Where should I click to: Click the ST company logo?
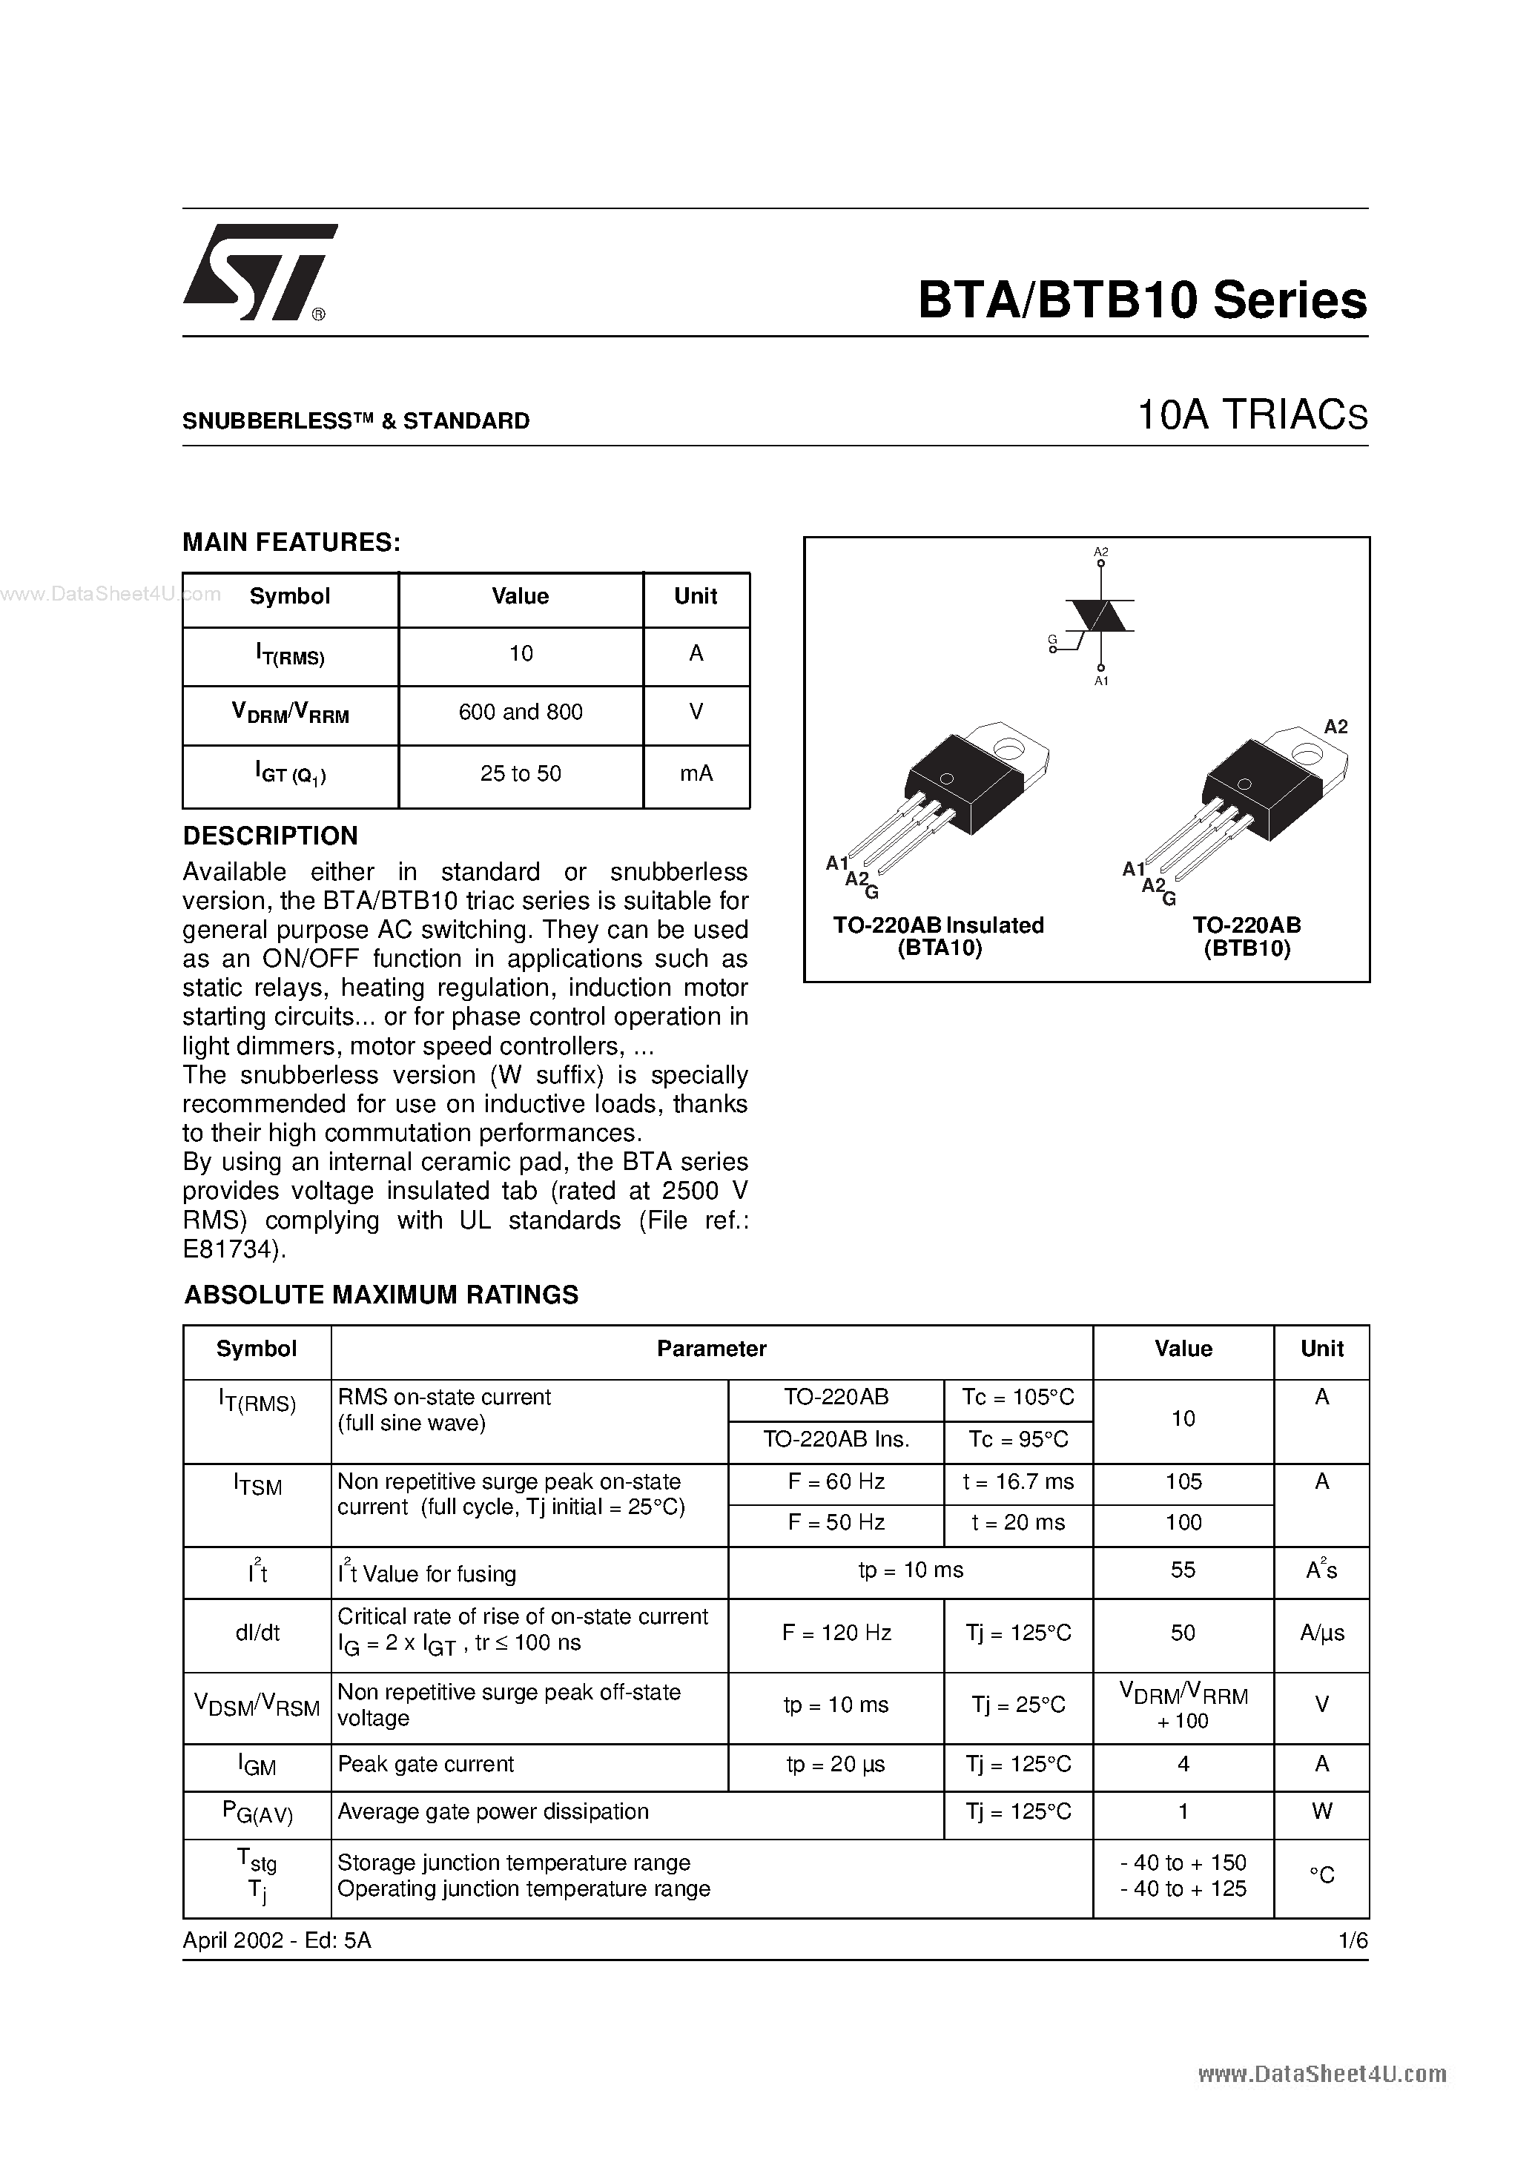(257, 272)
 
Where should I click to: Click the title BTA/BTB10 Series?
(1142, 300)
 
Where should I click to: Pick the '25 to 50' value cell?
(521, 773)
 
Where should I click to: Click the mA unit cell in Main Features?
(696, 773)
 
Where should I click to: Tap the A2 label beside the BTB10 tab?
(1335, 726)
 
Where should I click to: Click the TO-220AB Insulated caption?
(938, 925)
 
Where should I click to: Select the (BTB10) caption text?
(1247, 949)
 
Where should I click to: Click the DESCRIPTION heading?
(270, 836)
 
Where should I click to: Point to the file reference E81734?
(232, 1249)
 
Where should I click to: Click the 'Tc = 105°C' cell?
(1018, 1398)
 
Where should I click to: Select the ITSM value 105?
(1183, 1481)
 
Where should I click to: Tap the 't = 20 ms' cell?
(1018, 1522)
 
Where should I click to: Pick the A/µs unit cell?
(1321, 1633)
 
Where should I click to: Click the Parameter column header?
(711, 1349)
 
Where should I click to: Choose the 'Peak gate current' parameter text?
(426, 1764)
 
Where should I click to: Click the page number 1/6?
(1353, 1940)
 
